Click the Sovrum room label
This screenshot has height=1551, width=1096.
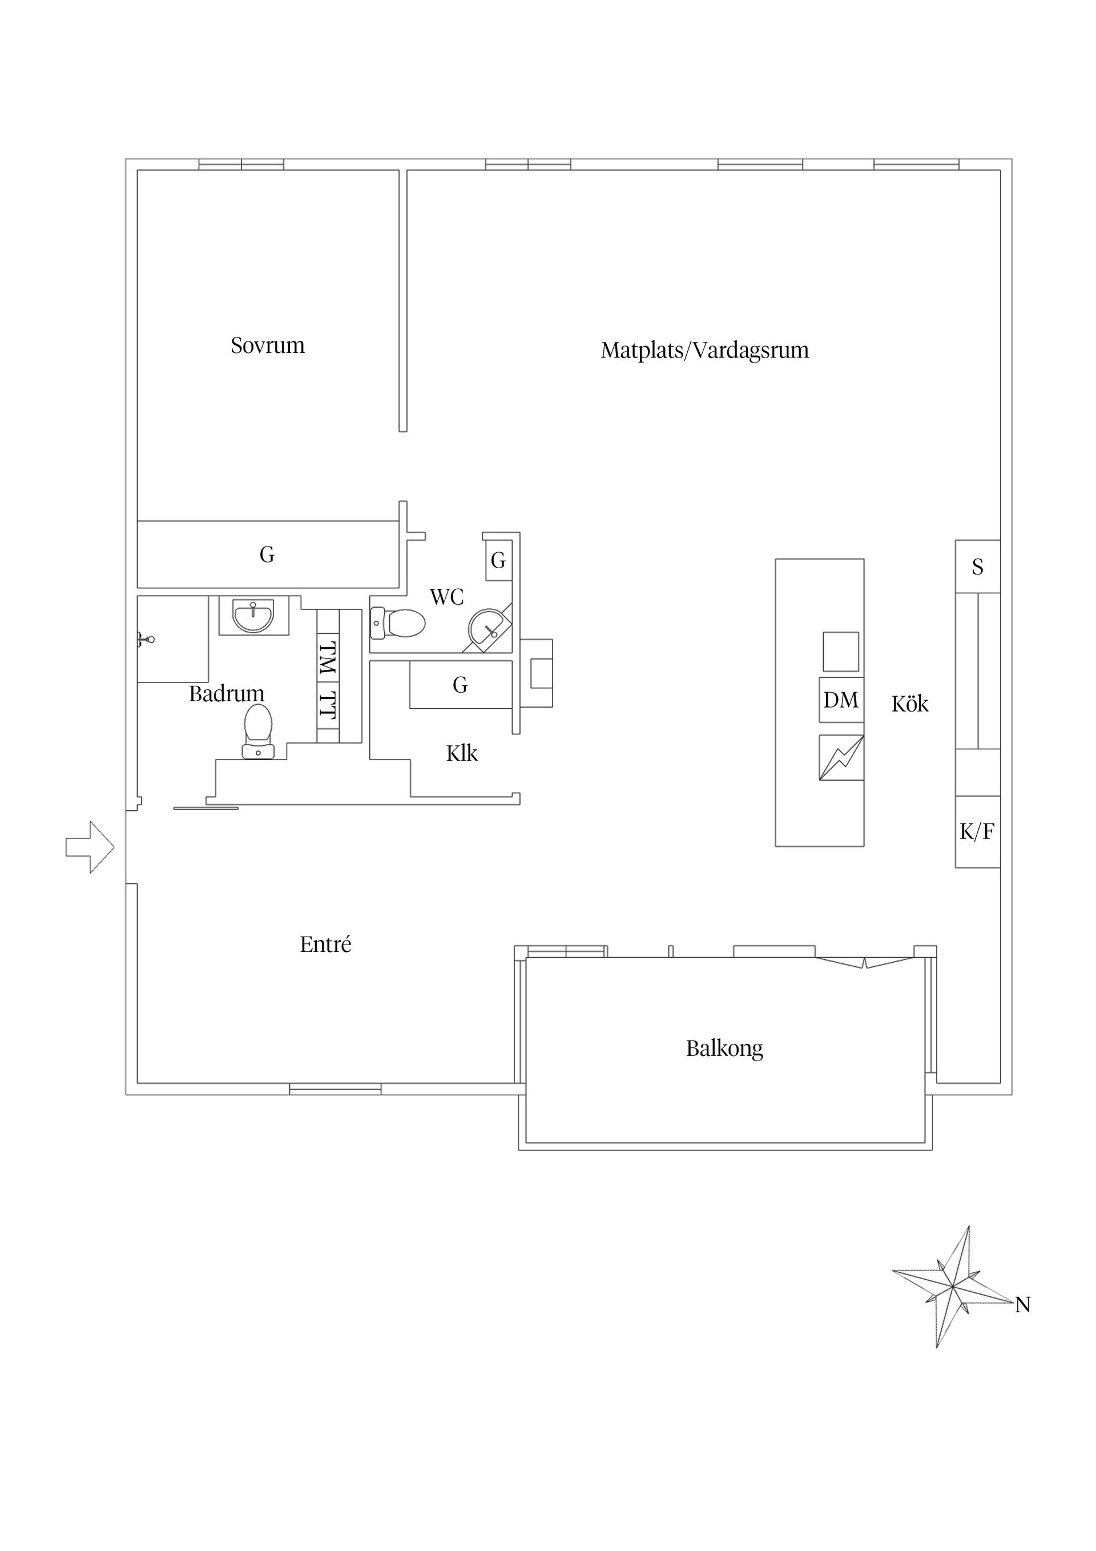pos(267,346)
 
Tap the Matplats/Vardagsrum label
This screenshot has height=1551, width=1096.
pos(704,351)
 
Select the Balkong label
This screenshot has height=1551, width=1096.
pos(724,1048)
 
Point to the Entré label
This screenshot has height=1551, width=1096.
pos(325,945)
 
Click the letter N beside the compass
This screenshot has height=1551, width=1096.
pos(1022,1305)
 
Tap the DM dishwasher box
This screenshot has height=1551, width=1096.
pos(841,700)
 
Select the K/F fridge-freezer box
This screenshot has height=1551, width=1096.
pos(977,831)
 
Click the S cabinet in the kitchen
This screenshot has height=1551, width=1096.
pos(977,566)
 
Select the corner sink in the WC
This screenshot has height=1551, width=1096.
pos(488,627)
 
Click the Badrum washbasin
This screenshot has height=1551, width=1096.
pos(253,616)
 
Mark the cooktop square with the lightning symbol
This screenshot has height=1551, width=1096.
pos(841,758)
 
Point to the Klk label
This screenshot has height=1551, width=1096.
pos(462,753)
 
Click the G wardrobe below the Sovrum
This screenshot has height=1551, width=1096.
pos(267,554)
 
